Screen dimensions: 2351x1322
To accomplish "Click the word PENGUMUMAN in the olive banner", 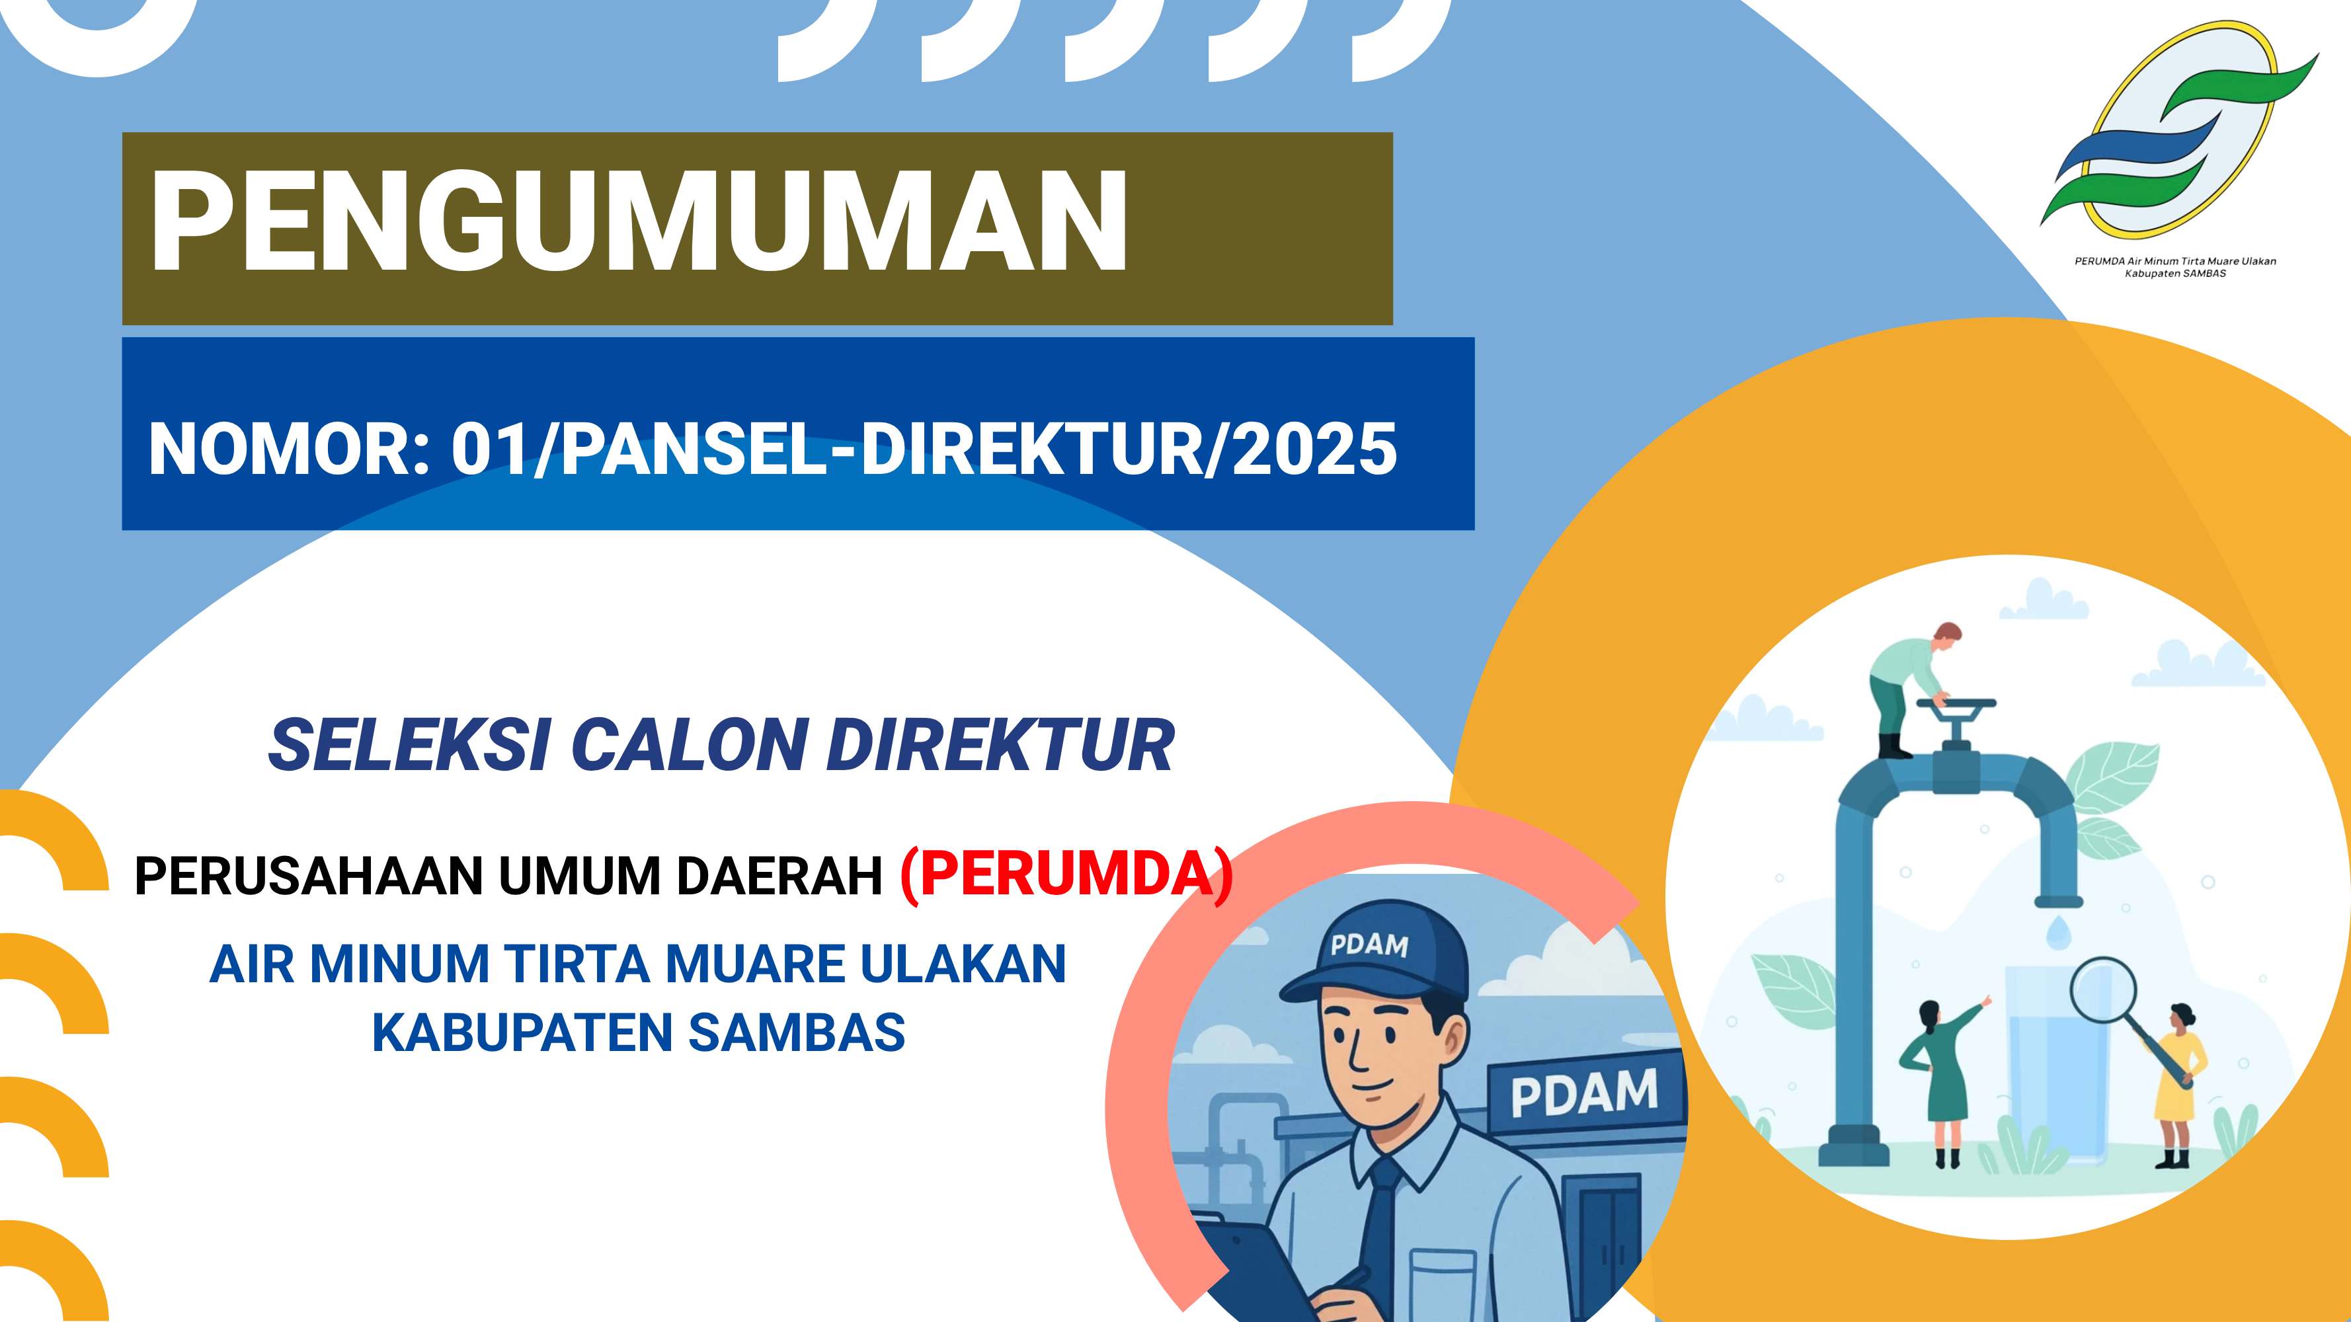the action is [639, 221].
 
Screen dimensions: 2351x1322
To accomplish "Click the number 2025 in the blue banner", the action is [1314, 449].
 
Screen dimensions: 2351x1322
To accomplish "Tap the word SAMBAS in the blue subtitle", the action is [797, 1032].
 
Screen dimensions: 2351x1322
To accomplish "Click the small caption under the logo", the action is [2176, 267].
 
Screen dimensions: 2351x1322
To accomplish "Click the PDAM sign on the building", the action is [1584, 1093].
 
